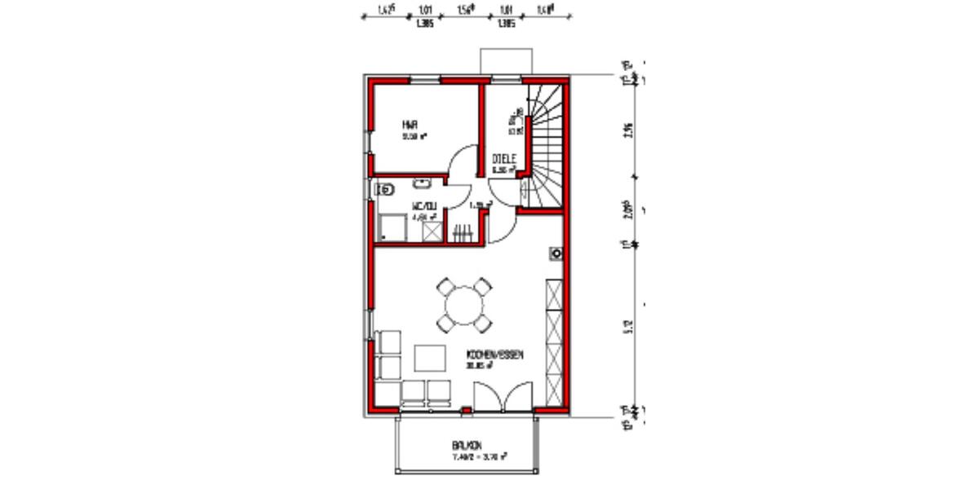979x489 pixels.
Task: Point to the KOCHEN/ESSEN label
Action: (494, 355)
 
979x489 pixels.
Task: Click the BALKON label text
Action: (467, 445)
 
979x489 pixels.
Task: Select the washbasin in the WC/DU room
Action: (423, 182)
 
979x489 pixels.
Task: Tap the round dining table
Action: (464, 305)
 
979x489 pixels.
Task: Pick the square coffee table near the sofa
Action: (430, 358)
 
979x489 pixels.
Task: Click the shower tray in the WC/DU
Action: (392, 227)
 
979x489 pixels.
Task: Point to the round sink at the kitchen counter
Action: (556, 253)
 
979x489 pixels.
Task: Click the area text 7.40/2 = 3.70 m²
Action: (480, 457)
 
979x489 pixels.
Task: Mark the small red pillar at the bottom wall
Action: (466, 410)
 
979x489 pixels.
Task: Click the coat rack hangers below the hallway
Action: (463, 233)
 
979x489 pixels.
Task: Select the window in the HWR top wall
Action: (423, 79)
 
